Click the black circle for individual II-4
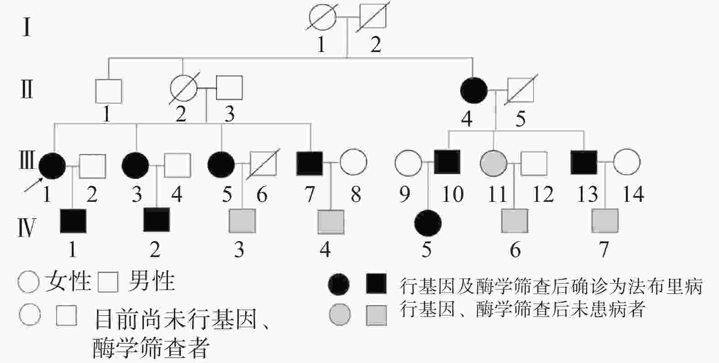[x=474, y=89]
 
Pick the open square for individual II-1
[x=109, y=91]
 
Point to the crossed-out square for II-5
[x=521, y=89]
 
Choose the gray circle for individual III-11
[x=493, y=163]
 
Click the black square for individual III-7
[x=310, y=163]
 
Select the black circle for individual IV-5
[x=428, y=223]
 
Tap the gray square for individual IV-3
[x=242, y=221]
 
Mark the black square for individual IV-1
[x=73, y=221]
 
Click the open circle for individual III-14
[x=627, y=162]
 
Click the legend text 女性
[x=68, y=280]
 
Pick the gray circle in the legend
[x=340, y=315]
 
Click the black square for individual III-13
[x=584, y=163]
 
